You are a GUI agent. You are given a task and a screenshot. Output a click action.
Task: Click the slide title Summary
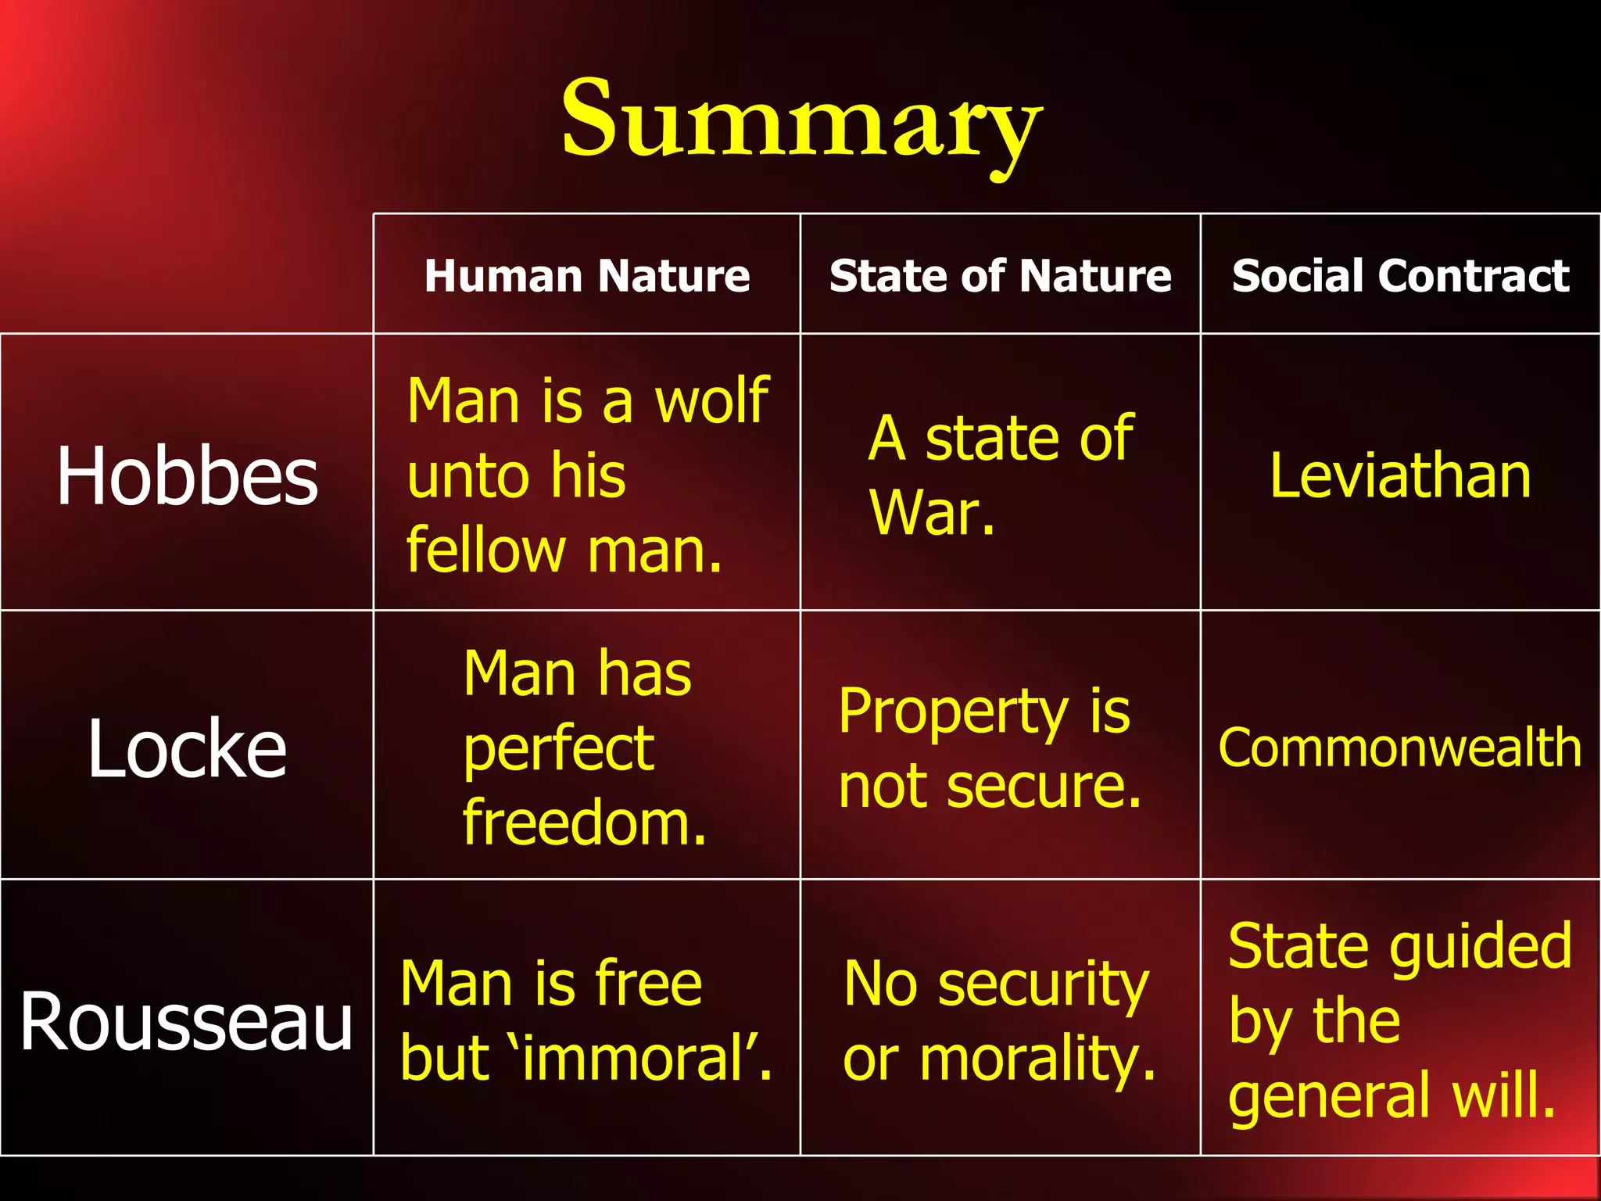click(801, 121)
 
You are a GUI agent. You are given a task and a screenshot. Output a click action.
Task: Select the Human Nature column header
click(587, 276)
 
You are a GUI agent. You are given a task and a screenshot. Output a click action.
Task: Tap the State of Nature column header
click(1000, 276)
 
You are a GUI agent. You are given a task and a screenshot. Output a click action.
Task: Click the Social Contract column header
click(1400, 276)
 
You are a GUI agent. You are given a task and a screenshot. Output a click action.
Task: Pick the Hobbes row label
click(187, 475)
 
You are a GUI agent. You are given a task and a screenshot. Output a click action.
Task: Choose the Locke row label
click(187, 749)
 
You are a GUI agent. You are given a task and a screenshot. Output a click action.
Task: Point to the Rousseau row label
click(187, 1021)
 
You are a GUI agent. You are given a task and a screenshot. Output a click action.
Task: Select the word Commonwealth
click(1400, 748)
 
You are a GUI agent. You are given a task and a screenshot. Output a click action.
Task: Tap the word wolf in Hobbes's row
click(711, 400)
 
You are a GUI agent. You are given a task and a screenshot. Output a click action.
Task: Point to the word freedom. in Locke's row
click(585, 823)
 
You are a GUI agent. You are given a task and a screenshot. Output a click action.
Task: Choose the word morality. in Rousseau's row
click(1038, 1060)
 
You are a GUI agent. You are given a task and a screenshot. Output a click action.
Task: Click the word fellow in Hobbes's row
click(485, 550)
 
